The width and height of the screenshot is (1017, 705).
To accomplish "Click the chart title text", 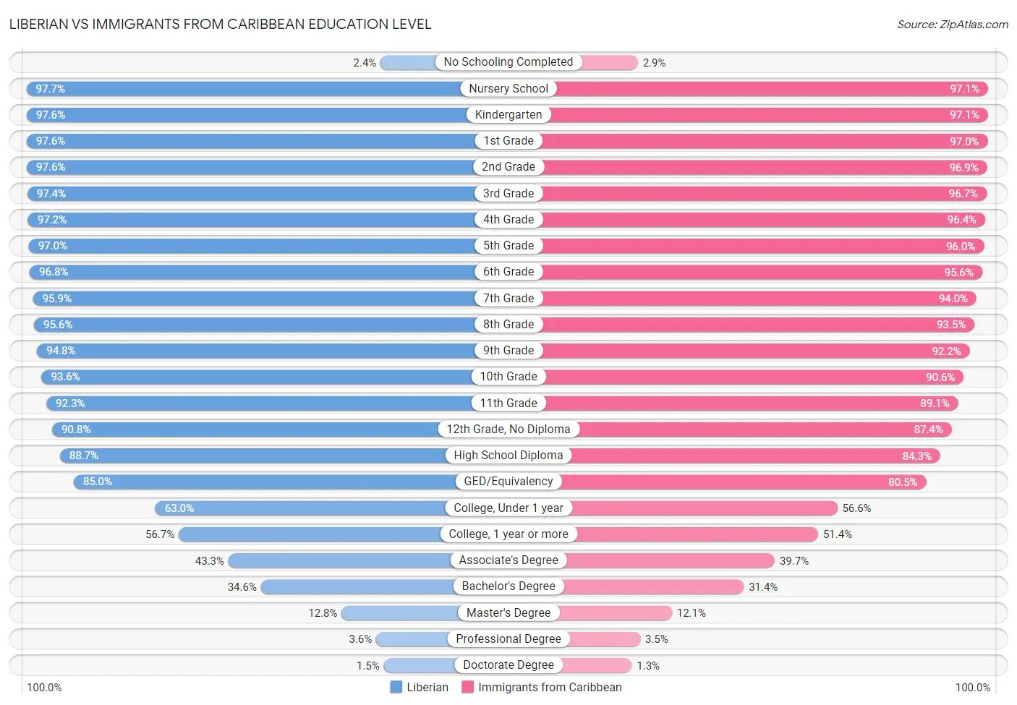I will pyautogui.click(x=220, y=24).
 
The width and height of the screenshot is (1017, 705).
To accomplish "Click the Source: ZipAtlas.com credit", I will pyautogui.click(x=952, y=25).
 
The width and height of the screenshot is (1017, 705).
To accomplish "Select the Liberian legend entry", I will pyautogui.click(x=419, y=687).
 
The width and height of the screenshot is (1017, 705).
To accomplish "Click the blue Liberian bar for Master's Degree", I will pyautogui.click(x=399, y=613).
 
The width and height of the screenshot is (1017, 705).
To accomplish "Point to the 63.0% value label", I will pyautogui.click(x=179, y=508).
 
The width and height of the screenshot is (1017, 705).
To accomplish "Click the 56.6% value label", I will pyautogui.click(x=856, y=508).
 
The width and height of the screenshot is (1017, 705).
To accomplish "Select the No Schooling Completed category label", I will pyautogui.click(x=508, y=62).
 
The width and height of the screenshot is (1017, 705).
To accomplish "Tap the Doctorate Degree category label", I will pyautogui.click(x=508, y=665).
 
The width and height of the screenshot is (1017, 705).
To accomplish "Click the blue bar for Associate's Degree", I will pyautogui.click(x=340, y=560).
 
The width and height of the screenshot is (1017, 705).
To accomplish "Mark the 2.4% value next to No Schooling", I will pyautogui.click(x=365, y=63).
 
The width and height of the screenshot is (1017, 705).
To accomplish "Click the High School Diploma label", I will pyautogui.click(x=508, y=456).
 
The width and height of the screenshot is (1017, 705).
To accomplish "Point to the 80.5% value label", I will pyautogui.click(x=903, y=482).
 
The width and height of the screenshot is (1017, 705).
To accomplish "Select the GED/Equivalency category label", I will pyautogui.click(x=508, y=482).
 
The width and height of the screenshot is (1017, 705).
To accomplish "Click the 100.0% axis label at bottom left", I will pyautogui.click(x=44, y=687).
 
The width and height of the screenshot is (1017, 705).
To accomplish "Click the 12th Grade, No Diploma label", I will pyautogui.click(x=508, y=430).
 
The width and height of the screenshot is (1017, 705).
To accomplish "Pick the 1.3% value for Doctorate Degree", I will pyautogui.click(x=648, y=666).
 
